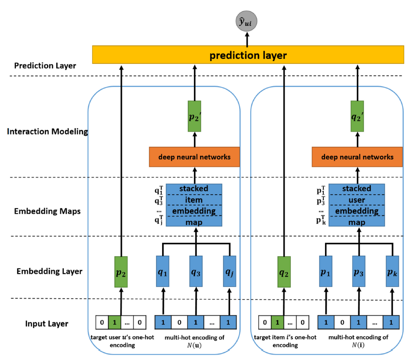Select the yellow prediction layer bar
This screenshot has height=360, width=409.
(247, 55)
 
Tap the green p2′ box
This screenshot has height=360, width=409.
(195, 116)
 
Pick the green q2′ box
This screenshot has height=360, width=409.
(357, 116)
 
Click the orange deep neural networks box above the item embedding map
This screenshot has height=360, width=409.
(195, 157)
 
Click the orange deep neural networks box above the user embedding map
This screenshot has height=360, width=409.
(357, 157)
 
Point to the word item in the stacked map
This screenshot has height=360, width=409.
(194, 200)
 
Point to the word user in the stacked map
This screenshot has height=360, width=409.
(357, 200)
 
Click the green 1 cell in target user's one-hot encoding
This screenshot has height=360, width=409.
(115, 322)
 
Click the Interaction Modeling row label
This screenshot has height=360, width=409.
(47, 131)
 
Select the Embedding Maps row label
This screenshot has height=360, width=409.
(47, 211)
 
